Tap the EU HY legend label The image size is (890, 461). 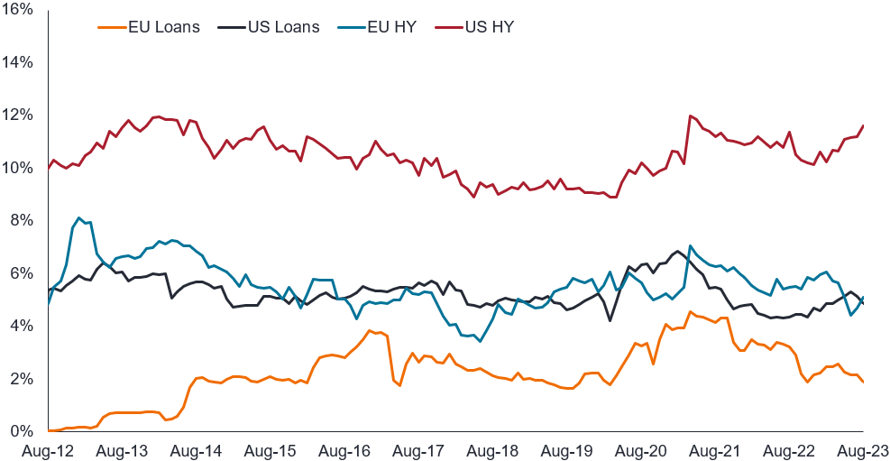point(391,27)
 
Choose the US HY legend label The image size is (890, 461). point(491,27)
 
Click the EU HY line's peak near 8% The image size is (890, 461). point(79,217)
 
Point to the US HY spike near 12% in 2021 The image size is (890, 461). point(690,115)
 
